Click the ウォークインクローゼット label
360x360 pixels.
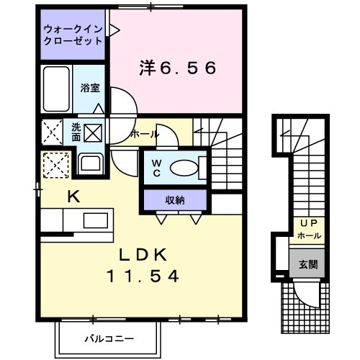[72, 36]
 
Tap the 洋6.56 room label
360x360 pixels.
[177, 68]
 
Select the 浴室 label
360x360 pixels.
[90, 88]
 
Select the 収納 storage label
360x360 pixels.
[176, 199]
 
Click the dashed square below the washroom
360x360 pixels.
[55, 165]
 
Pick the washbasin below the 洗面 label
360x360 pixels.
[91, 163]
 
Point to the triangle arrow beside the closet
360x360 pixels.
[113, 31]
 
